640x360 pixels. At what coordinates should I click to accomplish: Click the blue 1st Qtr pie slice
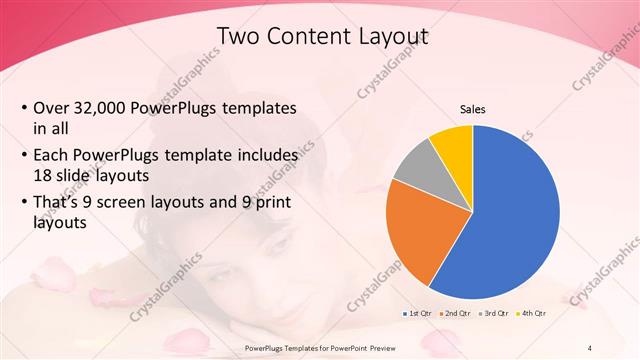pos(515,215)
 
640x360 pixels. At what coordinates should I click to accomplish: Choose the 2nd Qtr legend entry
pos(457,314)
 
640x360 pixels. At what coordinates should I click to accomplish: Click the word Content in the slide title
pos(310,37)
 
